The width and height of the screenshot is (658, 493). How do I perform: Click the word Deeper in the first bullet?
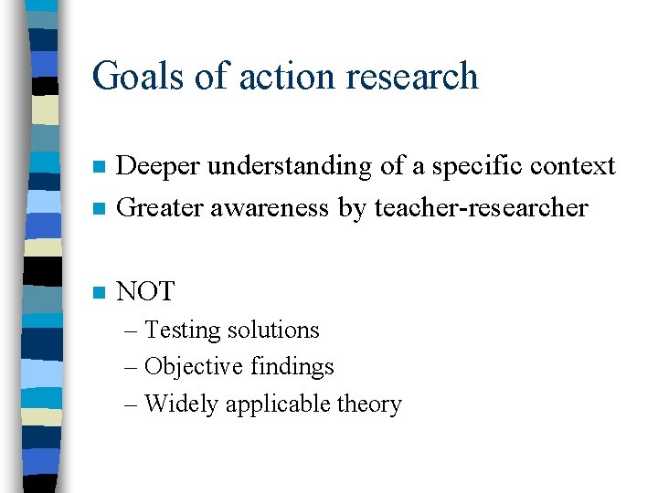point(159,166)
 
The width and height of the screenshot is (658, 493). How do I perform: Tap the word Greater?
point(162,208)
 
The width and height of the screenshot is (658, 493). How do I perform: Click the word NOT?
point(146,292)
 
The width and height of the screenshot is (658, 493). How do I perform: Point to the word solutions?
point(278,330)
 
